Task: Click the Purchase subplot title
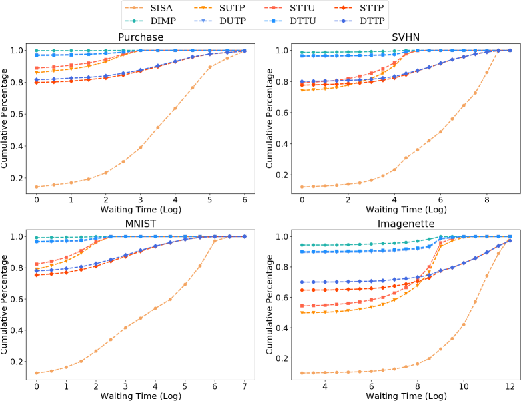coord(140,37)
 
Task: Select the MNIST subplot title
coord(140,223)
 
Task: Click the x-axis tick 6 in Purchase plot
coord(244,199)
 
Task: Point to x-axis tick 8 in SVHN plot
coord(486,199)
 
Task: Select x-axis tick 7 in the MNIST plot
coord(244,386)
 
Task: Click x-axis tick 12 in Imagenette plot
coord(510,386)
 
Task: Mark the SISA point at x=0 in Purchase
coord(37,187)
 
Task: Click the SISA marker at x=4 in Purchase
coord(175,108)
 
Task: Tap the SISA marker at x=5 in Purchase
coord(209,67)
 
